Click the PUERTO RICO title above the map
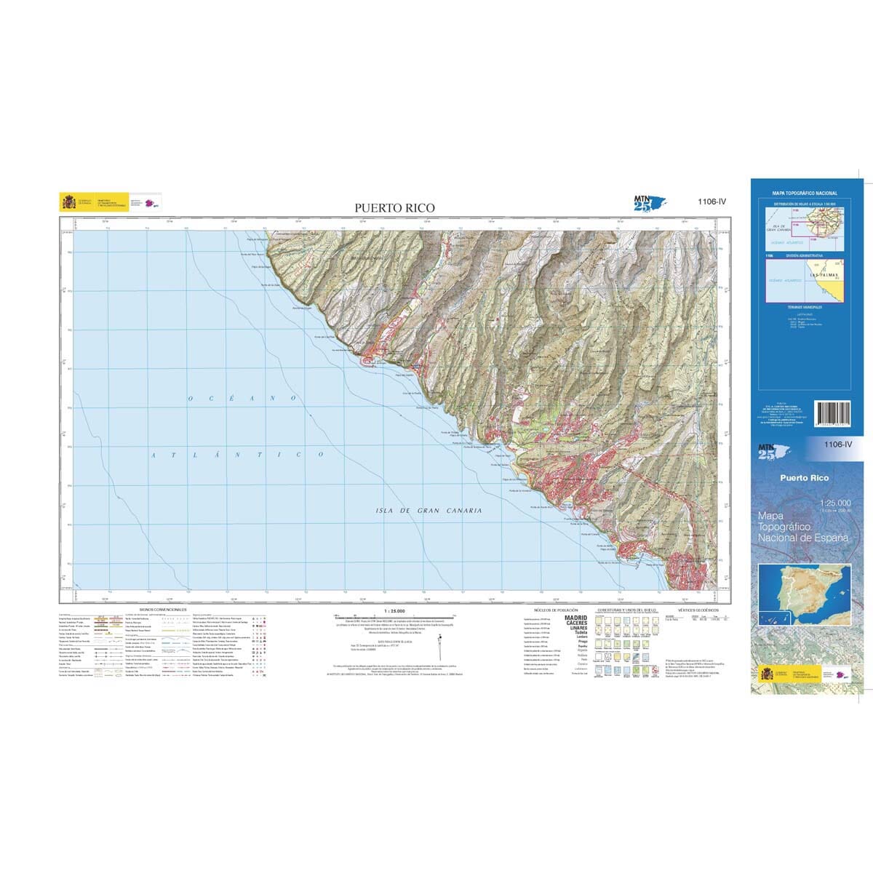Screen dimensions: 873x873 coord(394,208)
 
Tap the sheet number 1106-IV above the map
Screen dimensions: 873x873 coord(711,203)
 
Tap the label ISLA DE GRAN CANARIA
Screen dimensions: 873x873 coord(428,511)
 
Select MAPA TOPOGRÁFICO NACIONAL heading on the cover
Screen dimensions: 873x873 coord(805,194)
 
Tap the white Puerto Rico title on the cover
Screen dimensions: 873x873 coord(804,478)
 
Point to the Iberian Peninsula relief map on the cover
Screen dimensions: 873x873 coord(804,595)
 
